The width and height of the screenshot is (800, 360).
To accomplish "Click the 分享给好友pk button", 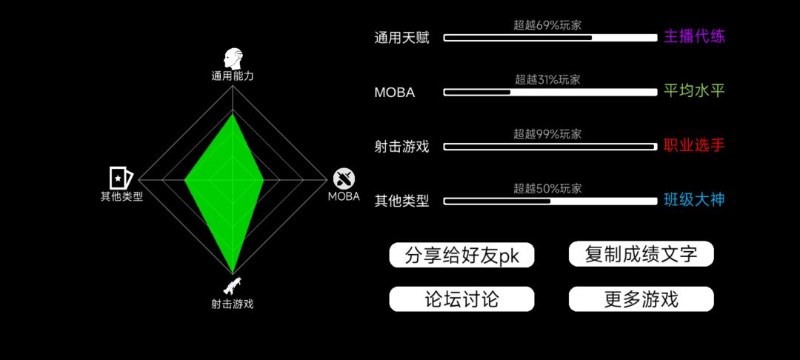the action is click(x=461, y=255).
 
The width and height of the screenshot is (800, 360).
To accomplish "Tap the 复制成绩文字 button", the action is click(x=641, y=254).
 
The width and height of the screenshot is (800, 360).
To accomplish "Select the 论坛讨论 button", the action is click(x=461, y=299).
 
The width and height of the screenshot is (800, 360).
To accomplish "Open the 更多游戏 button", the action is click(x=641, y=299).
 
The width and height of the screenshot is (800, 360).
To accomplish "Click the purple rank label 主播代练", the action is click(x=694, y=37).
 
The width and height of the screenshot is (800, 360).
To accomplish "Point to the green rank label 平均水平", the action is click(x=694, y=91).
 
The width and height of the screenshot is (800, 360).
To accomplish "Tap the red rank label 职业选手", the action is click(x=694, y=146).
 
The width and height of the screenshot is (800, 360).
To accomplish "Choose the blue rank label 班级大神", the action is click(x=694, y=200).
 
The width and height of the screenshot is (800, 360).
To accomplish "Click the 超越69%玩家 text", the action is click(x=547, y=25).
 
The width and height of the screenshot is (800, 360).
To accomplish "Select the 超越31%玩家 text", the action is click(x=547, y=79).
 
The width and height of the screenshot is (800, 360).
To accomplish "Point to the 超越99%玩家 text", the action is click(x=547, y=134).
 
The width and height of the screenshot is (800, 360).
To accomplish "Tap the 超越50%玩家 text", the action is click(x=547, y=188).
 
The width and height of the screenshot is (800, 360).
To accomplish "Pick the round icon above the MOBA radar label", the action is click(x=344, y=179).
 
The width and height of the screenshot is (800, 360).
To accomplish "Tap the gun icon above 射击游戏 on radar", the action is click(x=232, y=286).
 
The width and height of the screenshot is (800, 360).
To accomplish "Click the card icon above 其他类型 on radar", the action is click(x=121, y=178).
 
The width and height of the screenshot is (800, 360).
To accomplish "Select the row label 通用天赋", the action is click(x=402, y=38).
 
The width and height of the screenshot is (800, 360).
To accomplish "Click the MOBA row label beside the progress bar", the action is click(x=394, y=93).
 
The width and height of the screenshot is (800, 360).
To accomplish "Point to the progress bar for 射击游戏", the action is click(x=550, y=147).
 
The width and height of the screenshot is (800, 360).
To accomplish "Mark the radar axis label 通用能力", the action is click(x=233, y=76).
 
